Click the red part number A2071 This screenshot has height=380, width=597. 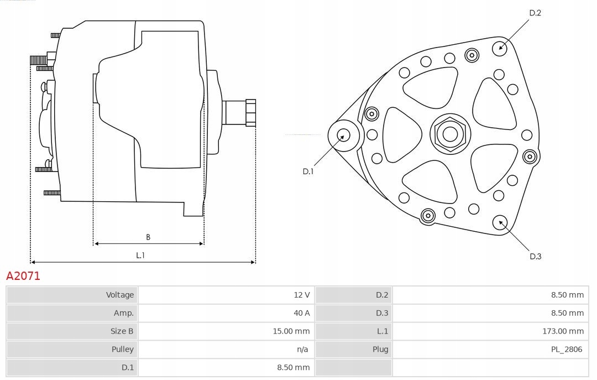pos(23,276)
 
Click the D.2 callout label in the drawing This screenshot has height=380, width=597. pos(535,13)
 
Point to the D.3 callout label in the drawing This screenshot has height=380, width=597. pos(535,256)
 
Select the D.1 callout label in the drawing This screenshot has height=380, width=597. pos(308,171)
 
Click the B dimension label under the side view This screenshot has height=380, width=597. pos(148,237)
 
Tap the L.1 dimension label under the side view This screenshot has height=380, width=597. pos(140,255)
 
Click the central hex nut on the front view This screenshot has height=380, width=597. pos(450,134)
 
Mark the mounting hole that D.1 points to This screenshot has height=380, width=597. pos(343,134)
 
